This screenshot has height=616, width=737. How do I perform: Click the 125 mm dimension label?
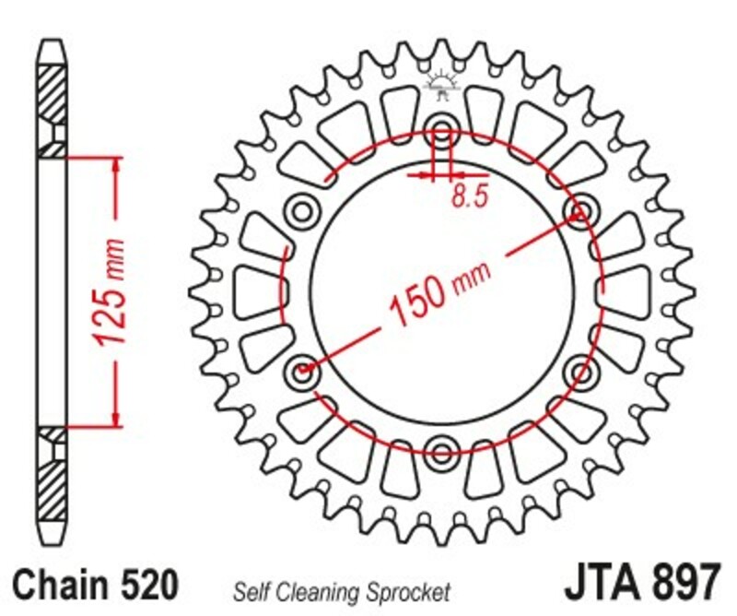point(110,293)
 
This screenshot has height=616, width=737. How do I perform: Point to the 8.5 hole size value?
point(469,197)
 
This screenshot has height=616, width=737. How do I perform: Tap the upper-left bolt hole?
point(301,211)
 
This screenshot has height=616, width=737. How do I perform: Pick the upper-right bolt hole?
point(580,212)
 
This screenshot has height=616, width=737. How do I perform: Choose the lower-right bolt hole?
point(580,372)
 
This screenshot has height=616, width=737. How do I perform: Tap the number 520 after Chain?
point(146,585)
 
